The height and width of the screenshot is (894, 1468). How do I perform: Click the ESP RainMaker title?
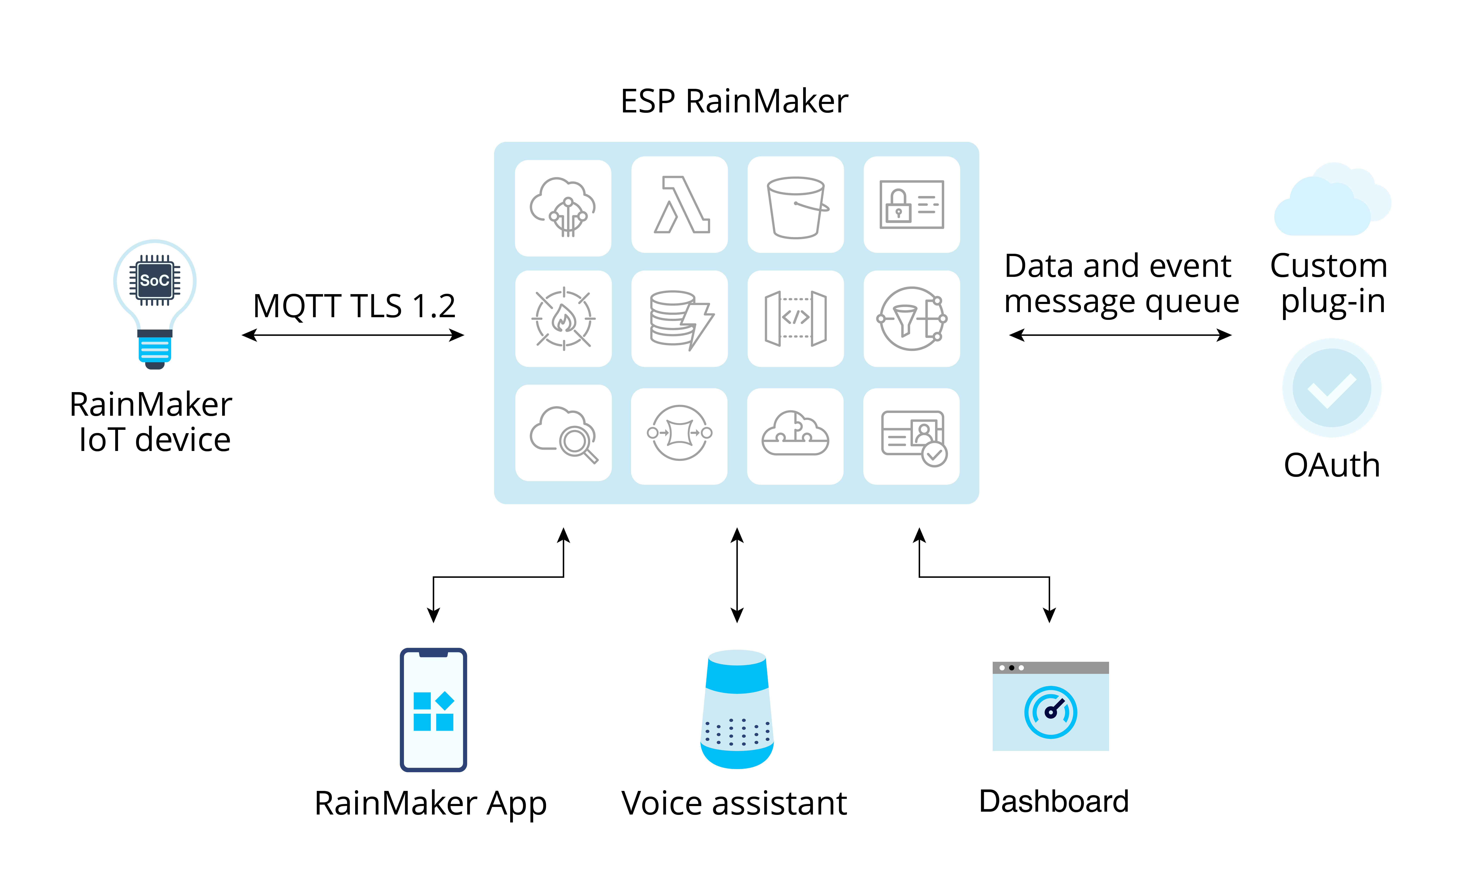(734, 101)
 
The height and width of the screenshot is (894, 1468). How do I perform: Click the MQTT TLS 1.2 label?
(354, 306)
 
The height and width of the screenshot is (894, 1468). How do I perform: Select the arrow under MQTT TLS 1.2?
(353, 336)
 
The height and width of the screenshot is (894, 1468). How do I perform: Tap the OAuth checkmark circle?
(1332, 388)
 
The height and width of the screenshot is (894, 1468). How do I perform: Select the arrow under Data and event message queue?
(1120, 336)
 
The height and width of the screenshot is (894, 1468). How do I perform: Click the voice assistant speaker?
(737, 709)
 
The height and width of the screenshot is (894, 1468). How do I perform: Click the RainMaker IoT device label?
(151, 422)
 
